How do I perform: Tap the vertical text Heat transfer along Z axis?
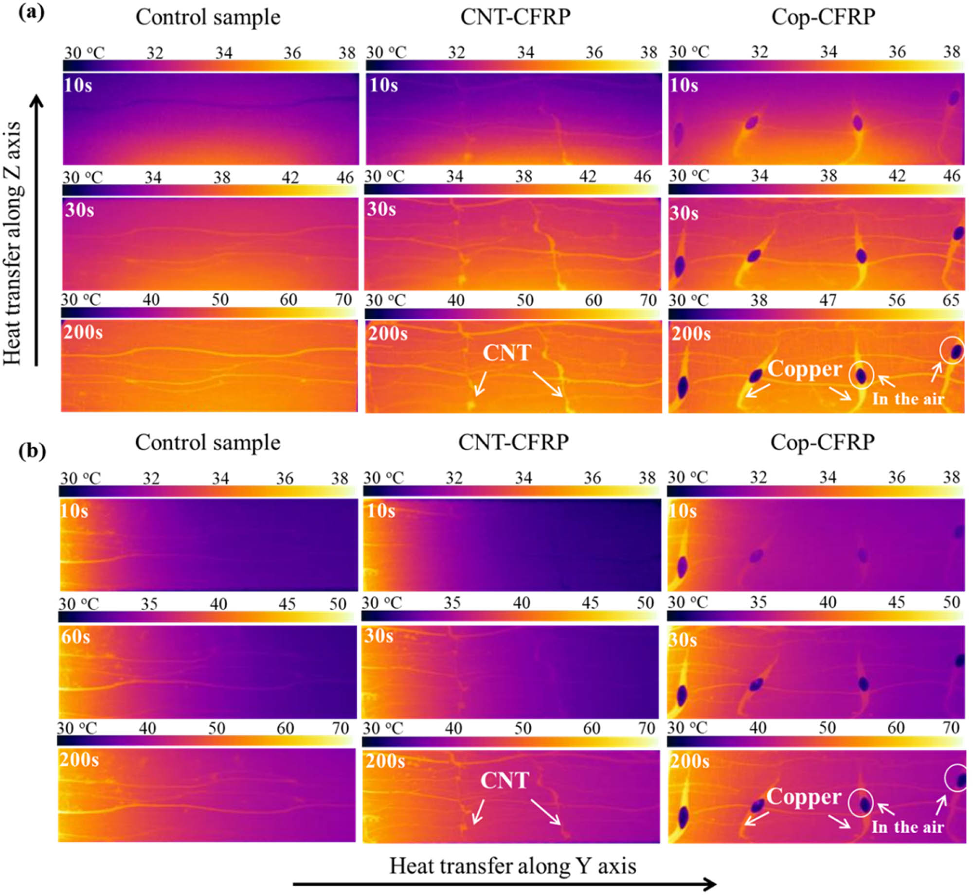coord(13,243)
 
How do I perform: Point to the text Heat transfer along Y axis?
coord(513,866)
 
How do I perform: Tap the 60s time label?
coord(75,636)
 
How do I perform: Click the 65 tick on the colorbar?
coord(951,300)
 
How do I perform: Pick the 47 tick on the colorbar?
coord(828,300)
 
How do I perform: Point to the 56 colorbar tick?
coord(897,300)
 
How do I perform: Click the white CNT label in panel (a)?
coord(506,352)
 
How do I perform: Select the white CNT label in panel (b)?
coord(505,780)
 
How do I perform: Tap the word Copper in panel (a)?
coord(805,369)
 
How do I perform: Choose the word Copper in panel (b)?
coord(804,797)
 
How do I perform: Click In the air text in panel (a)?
coord(908,399)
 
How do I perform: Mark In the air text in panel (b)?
coord(907,827)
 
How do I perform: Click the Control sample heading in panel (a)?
coord(208,18)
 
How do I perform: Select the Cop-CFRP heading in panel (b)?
coord(823,442)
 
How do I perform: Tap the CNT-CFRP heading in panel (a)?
coord(515,18)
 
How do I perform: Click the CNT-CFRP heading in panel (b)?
coord(513,442)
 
